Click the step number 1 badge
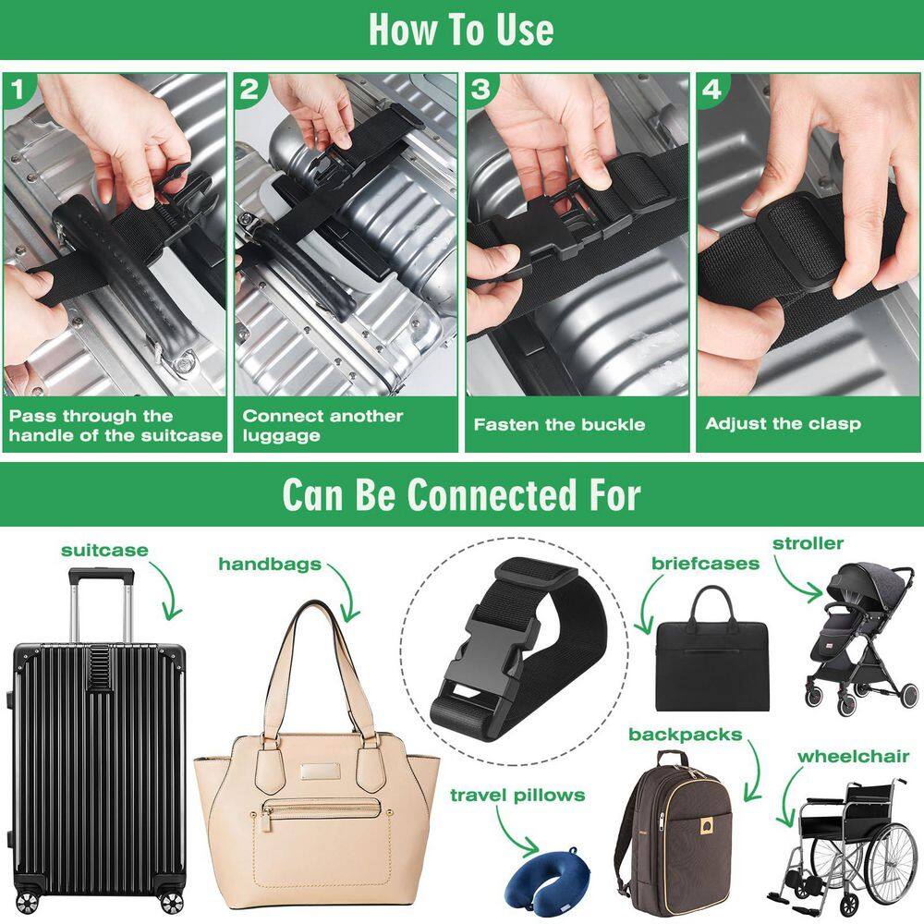[x=18, y=89]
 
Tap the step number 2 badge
[x=249, y=89]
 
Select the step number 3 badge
[x=480, y=89]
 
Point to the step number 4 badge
[x=711, y=89]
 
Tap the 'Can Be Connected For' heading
[x=461, y=494]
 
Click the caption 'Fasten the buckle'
[x=559, y=425]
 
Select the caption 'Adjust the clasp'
[x=783, y=424]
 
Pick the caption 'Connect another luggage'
[x=322, y=425]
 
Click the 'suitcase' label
[x=104, y=551]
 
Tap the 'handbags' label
[x=269, y=564]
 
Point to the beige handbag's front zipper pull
[x=267, y=812]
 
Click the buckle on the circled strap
[x=480, y=665]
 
